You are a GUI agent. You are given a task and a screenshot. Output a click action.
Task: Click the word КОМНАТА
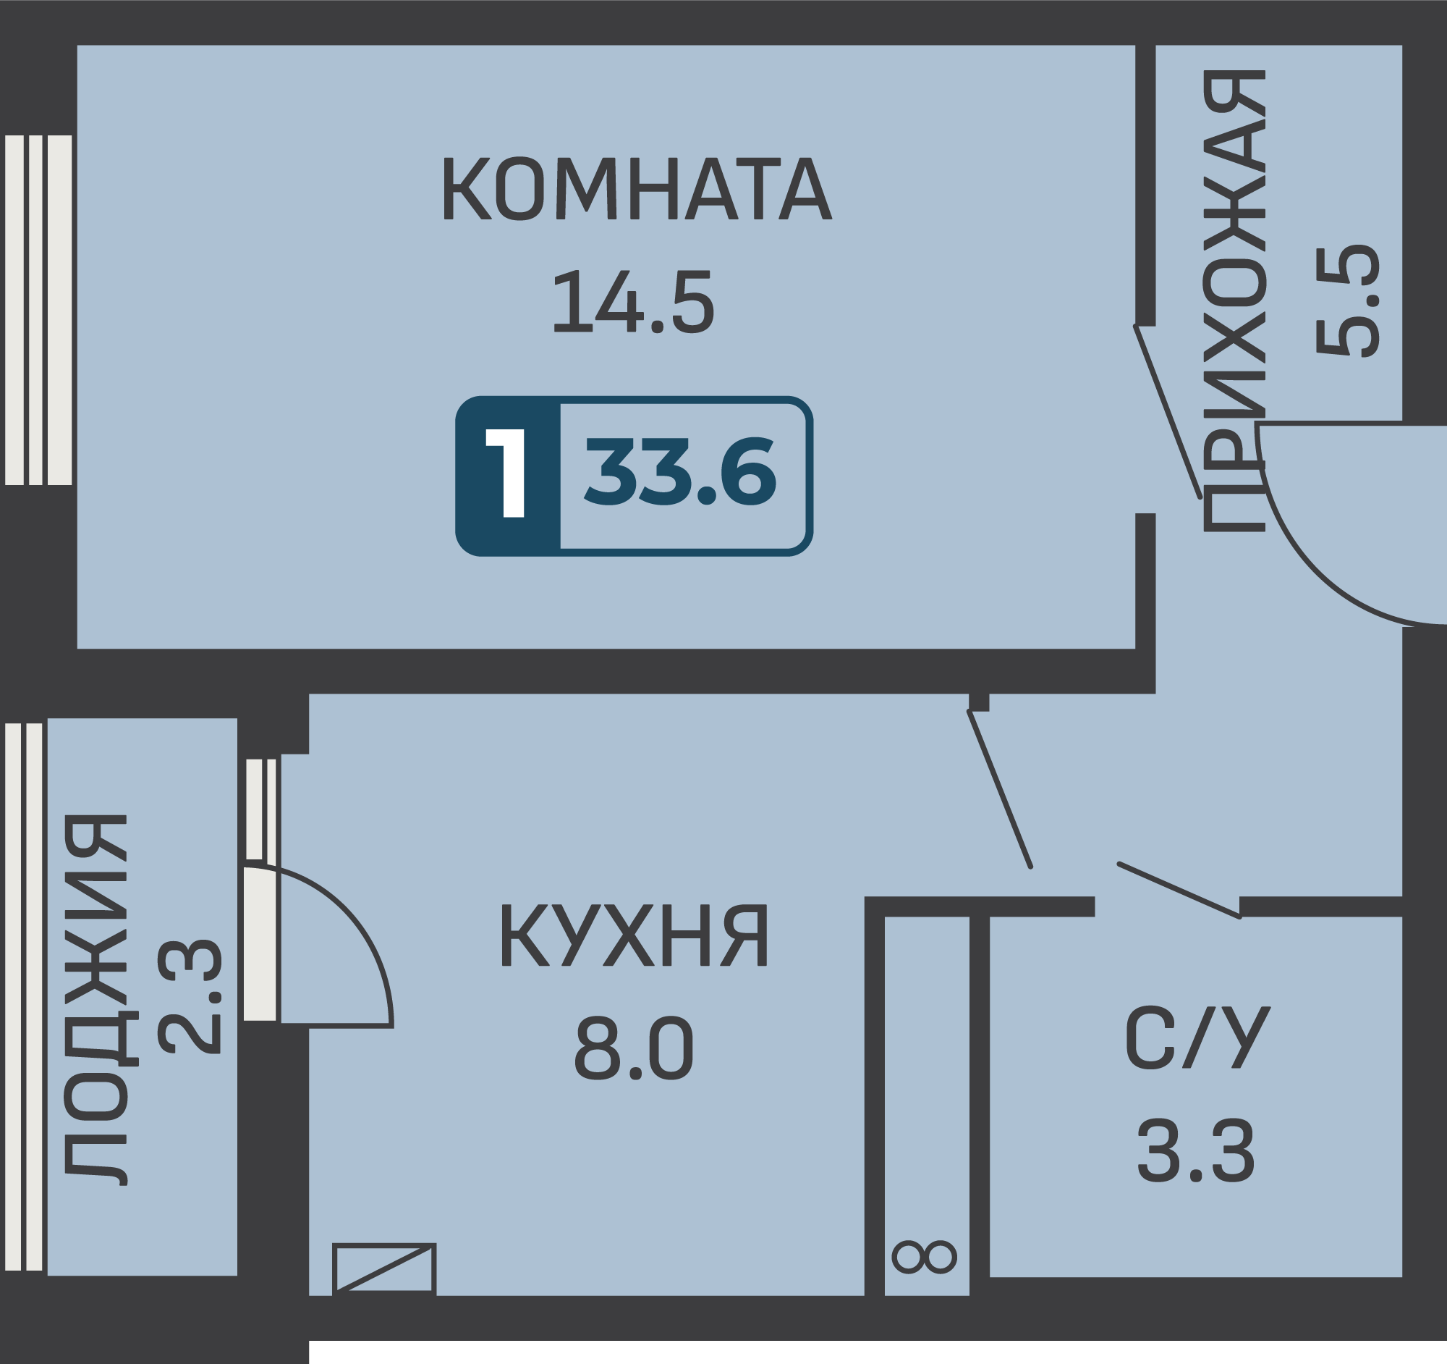pos(637,188)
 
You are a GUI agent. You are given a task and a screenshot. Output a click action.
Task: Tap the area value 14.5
pos(634,301)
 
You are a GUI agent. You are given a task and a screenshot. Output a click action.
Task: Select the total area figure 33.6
pos(681,471)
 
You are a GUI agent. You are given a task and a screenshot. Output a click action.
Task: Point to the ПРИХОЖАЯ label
pos(1234,300)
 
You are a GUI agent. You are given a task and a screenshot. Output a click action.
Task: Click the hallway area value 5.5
pos(1348,300)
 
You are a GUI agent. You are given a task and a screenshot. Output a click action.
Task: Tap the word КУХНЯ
pos(633,935)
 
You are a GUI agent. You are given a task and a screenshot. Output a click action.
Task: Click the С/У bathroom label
pos(1198,1037)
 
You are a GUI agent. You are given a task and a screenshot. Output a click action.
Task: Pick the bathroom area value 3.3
pos(1197,1150)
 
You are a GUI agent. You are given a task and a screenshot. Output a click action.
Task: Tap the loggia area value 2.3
pos(190,997)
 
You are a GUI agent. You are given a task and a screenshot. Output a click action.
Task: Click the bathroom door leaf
pos(1180,891)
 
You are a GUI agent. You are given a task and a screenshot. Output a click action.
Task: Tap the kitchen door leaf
pos(999,788)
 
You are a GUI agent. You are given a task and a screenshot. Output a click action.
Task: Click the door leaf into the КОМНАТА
pos(1168,411)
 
